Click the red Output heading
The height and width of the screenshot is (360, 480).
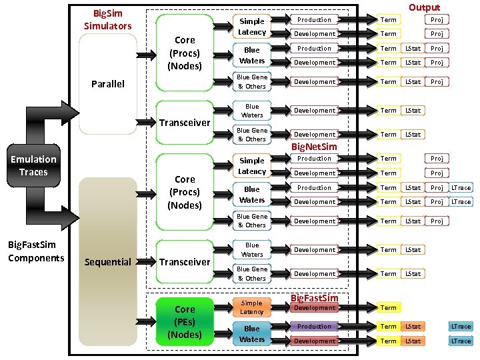(424, 7)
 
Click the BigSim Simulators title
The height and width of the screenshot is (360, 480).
(107, 19)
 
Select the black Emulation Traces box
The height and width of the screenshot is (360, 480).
(33, 165)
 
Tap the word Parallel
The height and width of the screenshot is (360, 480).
(107, 84)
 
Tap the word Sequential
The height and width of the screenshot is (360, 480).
(107, 262)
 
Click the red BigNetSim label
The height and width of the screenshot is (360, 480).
(315, 146)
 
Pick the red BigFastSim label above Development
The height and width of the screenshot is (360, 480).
(315, 297)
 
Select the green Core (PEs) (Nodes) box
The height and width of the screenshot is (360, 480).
(185, 322)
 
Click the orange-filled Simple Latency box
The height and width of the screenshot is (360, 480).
(252, 307)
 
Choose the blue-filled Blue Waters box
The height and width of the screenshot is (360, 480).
(252, 333)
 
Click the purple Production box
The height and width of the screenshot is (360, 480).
(314, 327)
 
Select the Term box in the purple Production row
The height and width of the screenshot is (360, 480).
(388, 327)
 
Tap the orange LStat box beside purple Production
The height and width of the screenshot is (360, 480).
(413, 327)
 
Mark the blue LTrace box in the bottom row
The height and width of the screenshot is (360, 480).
(461, 341)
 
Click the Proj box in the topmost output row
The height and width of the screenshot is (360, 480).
(437, 20)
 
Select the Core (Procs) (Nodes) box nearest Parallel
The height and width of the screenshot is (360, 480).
(185, 53)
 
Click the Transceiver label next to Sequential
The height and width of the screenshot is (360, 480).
(185, 262)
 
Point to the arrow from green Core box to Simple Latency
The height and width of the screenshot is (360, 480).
(223, 308)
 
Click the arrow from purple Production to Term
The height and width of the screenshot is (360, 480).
(357, 327)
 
